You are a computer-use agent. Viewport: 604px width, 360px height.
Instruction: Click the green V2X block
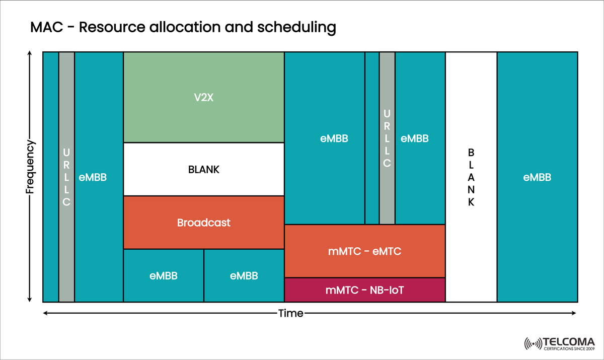click(204, 97)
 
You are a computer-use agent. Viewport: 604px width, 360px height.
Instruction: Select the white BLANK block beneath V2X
click(204, 169)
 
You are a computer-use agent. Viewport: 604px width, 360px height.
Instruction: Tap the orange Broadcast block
click(204, 222)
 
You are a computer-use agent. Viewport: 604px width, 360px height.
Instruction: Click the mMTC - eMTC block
click(364, 251)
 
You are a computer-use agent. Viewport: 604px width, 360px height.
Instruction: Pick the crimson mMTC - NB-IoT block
click(364, 290)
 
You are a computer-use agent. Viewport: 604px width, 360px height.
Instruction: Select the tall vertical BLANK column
click(471, 177)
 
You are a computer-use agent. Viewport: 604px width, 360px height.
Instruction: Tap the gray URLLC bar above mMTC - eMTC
click(387, 138)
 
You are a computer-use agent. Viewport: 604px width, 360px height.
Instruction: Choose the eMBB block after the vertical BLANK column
click(537, 177)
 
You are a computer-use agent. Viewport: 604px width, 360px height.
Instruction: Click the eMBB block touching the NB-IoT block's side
click(244, 275)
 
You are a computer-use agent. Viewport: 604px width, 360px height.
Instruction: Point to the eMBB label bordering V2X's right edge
click(334, 138)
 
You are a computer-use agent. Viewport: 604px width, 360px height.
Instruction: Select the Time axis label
click(291, 313)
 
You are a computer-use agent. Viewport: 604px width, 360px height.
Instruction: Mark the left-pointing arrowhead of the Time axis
click(46, 313)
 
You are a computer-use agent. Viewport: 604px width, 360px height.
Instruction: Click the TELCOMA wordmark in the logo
click(569, 341)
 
